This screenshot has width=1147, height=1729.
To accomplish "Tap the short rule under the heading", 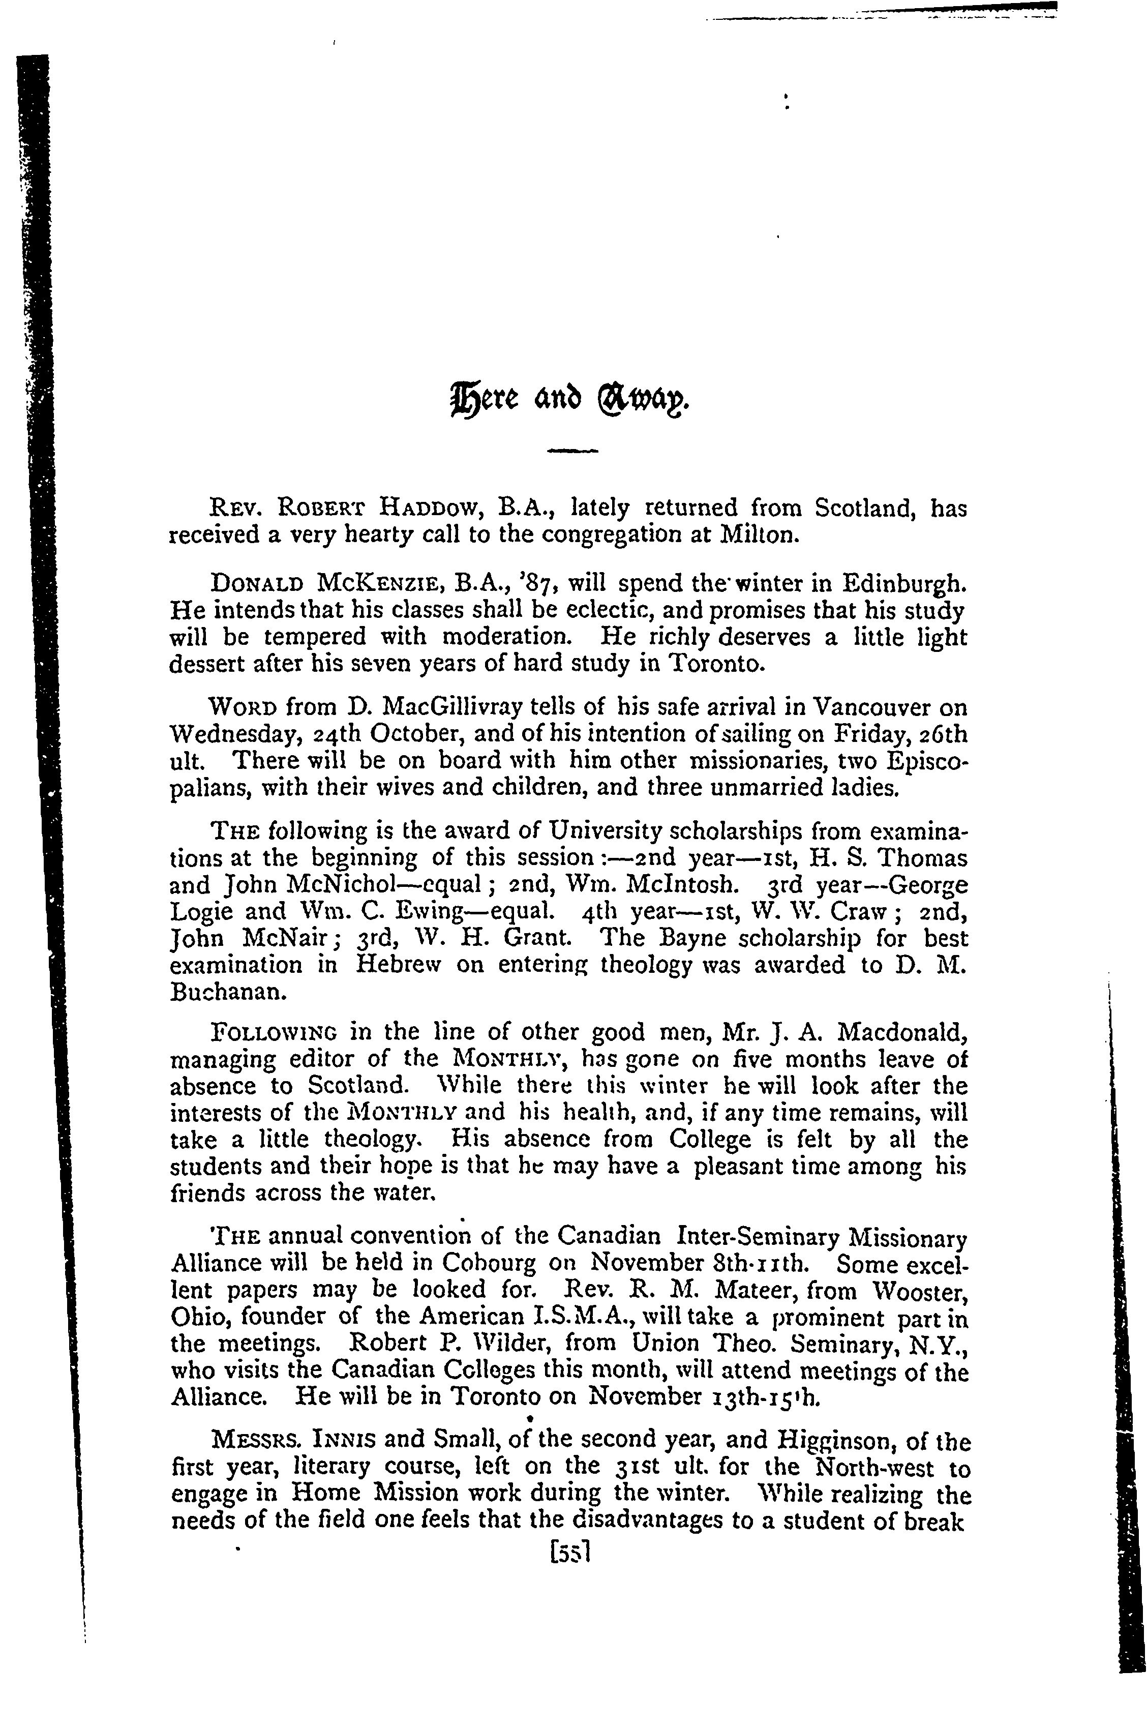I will [573, 452].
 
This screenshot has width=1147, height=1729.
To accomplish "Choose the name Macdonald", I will [902, 1032].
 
